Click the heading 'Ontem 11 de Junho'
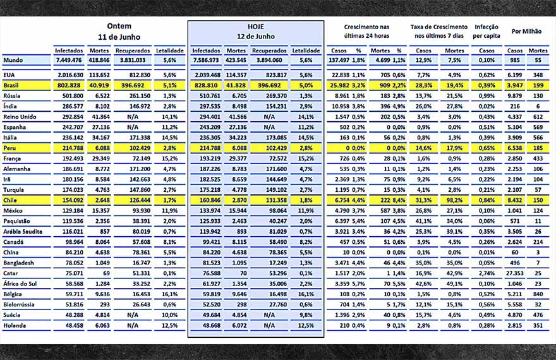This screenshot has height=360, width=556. pyautogui.click(x=118, y=31)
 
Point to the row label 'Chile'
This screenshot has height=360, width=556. pyautogui.click(x=10, y=200)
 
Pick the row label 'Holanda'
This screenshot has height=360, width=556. pyautogui.click(x=15, y=325)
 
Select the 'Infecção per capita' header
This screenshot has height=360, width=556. pyautogui.click(x=486, y=31)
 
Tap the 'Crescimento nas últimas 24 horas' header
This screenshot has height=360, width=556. pyautogui.click(x=366, y=31)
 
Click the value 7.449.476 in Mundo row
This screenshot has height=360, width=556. pyautogui.click(x=69, y=60)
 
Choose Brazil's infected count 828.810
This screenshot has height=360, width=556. pyautogui.click(x=206, y=85)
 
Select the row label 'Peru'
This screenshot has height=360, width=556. pyautogui.click(x=9, y=147)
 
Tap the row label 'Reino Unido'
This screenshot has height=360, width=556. pyautogui.click(x=18, y=117)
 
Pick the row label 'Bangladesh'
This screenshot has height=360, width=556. pyautogui.click(x=18, y=262)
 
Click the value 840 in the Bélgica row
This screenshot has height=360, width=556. pyautogui.click(x=539, y=294)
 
